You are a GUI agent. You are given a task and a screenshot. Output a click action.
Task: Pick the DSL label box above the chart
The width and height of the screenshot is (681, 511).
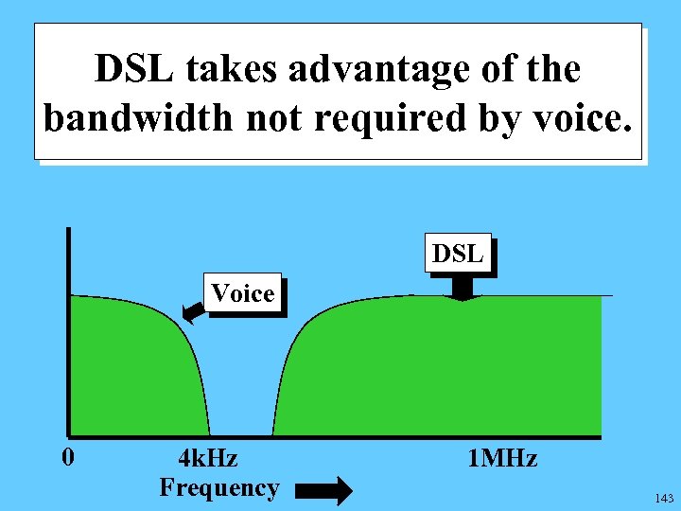(458, 254)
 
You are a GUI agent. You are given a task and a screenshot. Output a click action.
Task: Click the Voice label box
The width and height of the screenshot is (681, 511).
(243, 293)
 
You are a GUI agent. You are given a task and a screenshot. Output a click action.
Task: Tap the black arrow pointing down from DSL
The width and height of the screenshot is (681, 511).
(463, 288)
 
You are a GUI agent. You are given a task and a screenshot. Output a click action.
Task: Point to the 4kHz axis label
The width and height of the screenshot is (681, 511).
(208, 459)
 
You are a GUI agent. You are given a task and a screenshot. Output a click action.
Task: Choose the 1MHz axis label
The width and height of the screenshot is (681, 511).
(502, 460)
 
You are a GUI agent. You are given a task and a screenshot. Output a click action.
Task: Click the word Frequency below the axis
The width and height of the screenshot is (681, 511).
(219, 487)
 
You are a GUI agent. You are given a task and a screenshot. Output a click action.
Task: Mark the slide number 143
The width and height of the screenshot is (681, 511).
(663, 498)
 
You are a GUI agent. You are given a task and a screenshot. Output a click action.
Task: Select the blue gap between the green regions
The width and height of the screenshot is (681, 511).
(241, 397)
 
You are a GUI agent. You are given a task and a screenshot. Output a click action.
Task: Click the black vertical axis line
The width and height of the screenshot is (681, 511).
(68, 331)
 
